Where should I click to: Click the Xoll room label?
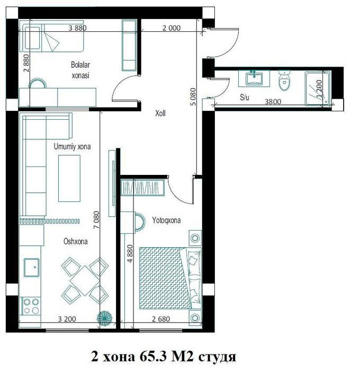[x=160, y=113]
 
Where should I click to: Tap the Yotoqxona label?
[x=166, y=220]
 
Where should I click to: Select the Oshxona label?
[x=75, y=241]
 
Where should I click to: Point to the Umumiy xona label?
[x=72, y=146]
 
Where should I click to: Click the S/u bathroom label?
[x=245, y=97]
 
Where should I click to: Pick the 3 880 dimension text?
[x=77, y=28]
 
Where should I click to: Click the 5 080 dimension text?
[x=193, y=96]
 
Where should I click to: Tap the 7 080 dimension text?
[x=96, y=220]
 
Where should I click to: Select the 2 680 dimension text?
[x=161, y=319]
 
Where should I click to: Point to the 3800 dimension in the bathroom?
[x=273, y=102]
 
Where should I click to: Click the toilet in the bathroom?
[x=284, y=80]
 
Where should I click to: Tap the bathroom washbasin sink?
[x=254, y=78]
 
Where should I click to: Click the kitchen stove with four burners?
[x=31, y=306]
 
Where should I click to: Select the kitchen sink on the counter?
[x=31, y=267]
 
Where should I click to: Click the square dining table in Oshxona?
[x=85, y=280]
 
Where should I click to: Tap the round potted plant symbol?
[x=104, y=317]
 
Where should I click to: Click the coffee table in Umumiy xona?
[x=69, y=179]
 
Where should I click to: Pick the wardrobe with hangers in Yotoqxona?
[x=142, y=188]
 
